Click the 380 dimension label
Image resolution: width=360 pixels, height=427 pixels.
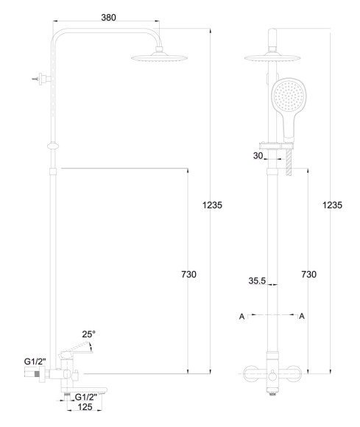108,18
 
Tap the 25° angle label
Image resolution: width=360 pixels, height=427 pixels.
89,334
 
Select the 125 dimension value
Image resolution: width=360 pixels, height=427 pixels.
85,407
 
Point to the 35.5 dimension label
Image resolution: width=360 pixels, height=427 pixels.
257,280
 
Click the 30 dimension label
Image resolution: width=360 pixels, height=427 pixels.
258,156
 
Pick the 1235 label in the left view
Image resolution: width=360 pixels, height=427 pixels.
212,205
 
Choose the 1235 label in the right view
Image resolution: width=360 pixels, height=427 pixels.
332,205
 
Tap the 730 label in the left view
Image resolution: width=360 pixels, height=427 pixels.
188,274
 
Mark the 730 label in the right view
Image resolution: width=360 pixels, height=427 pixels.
308,274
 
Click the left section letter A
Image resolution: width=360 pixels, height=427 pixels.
241,317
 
